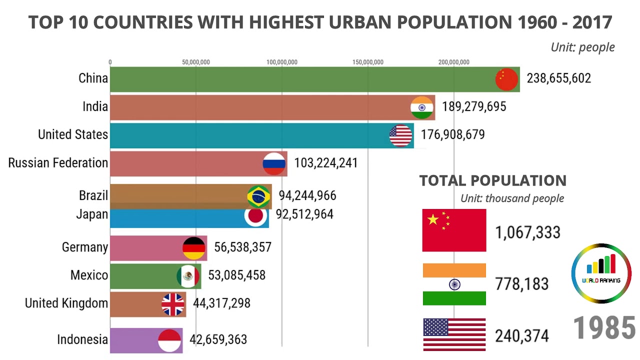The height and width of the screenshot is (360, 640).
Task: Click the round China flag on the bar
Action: click(506, 79)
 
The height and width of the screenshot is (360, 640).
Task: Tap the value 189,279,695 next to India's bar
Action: click(474, 106)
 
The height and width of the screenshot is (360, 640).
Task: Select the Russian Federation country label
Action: click(58, 163)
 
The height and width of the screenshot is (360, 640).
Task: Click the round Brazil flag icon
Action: click(258, 196)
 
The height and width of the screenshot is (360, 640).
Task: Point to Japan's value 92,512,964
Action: click(304, 214)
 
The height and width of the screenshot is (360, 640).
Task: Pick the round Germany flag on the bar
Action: click(193, 247)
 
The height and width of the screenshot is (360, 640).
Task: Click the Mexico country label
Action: click(89, 275)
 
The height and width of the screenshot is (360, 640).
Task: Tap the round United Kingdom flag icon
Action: click(173, 304)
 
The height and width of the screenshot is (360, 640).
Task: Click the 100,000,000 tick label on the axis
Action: click(282, 62)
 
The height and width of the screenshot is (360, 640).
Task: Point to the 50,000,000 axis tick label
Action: click(196, 62)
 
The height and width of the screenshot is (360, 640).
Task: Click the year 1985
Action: click(604, 328)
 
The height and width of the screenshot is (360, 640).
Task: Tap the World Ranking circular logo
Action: click(601, 273)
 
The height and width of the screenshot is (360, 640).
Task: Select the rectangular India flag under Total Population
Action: click(454, 284)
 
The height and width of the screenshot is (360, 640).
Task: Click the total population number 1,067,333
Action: click(527, 232)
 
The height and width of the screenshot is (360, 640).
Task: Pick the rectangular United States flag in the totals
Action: click(454, 334)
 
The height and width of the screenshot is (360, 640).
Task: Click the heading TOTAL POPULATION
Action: click(492, 180)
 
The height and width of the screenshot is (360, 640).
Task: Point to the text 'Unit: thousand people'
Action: click(512, 198)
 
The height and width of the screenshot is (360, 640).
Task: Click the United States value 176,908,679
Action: click(452, 135)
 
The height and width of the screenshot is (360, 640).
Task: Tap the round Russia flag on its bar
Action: click(274, 163)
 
